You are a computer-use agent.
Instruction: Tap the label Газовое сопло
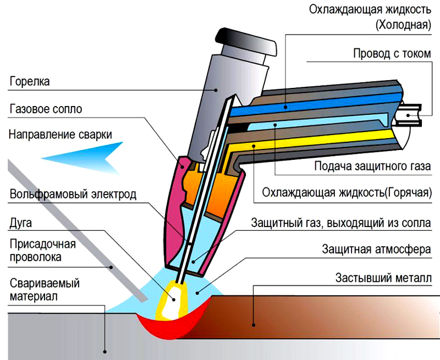(46, 109)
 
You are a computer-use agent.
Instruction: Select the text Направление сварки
(61, 135)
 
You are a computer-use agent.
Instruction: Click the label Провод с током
(391, 54)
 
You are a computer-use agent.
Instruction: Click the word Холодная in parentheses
(403, 25)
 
